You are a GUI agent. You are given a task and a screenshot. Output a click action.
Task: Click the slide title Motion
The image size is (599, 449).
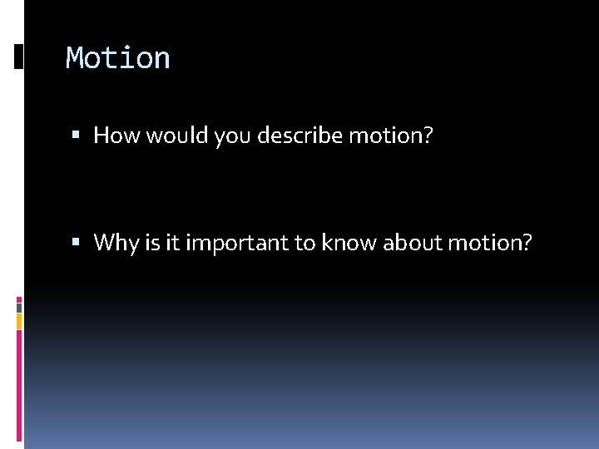pos(118,58)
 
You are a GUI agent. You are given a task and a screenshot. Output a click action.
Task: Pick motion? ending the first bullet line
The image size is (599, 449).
pos(391,135)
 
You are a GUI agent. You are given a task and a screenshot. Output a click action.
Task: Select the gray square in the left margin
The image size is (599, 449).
pos(19,307)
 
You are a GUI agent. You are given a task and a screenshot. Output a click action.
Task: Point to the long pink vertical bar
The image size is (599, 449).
pos(19,382)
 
